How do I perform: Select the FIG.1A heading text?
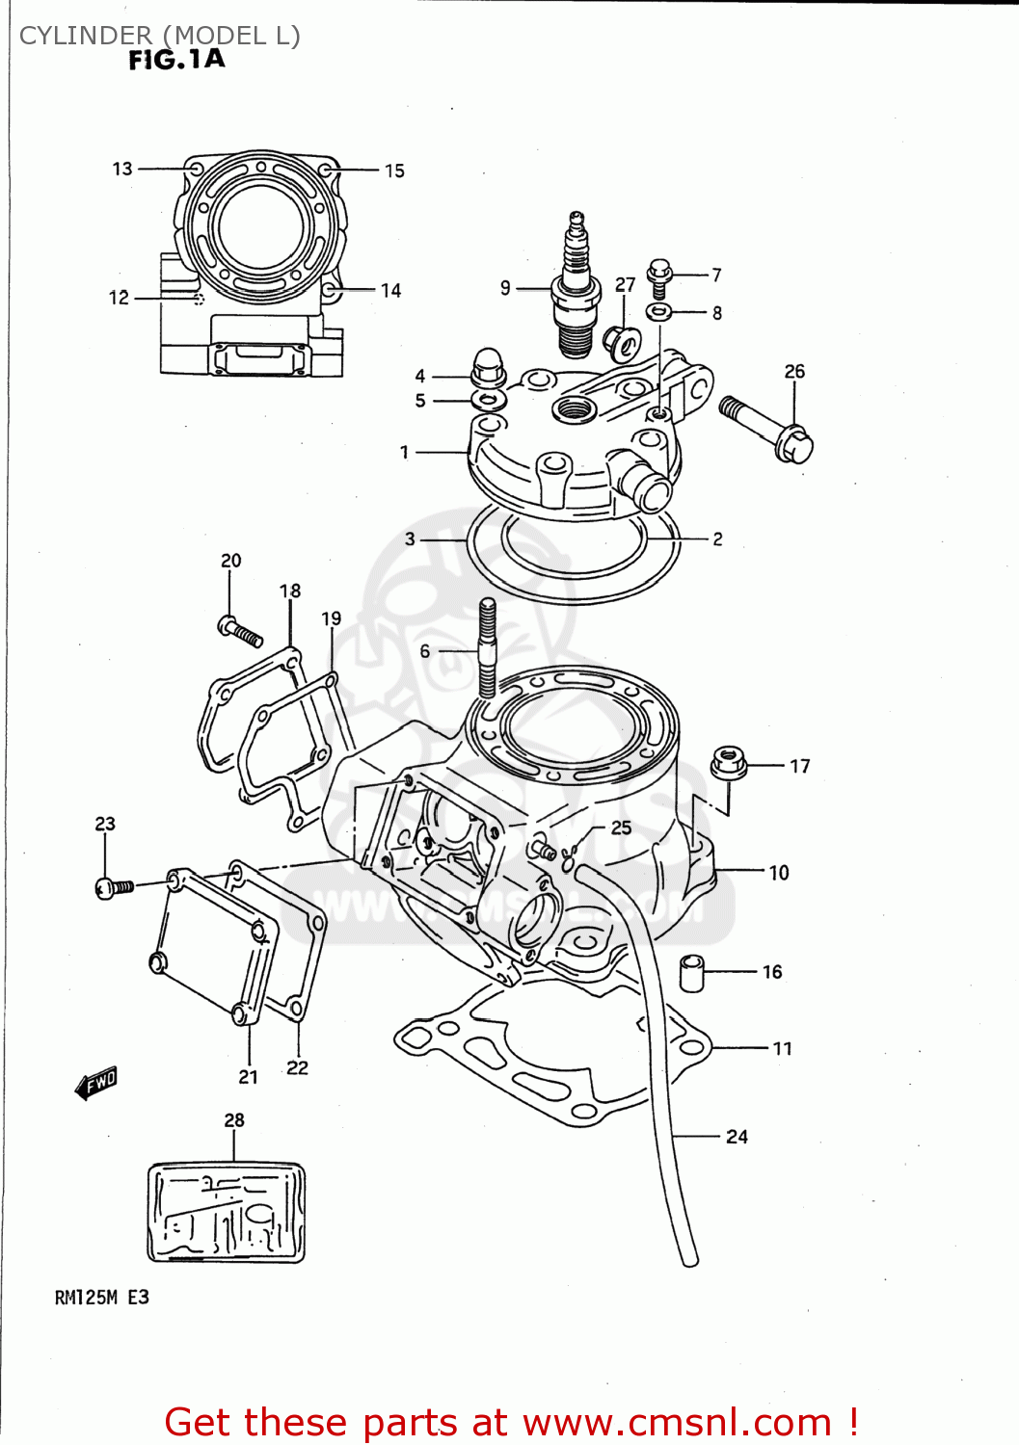pos(176,60)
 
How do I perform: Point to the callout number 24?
pos(737,1137)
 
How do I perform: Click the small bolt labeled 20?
pos(240,632)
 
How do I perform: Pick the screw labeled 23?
pos(115,886)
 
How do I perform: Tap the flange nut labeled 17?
pos(729,763)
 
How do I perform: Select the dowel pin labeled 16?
pos(691,972)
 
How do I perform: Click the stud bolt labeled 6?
pos(488,647)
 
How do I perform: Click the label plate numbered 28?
pos(227,1212)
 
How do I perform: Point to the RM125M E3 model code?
pos(101,1298)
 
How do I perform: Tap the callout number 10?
pos(779,873)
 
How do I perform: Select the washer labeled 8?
pos(659,312)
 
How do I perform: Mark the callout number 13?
pos(122,169)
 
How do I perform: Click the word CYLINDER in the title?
pos(86,36)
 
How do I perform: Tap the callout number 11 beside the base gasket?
pos(782,1048)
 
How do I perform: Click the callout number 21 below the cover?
pos(248,1077)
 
